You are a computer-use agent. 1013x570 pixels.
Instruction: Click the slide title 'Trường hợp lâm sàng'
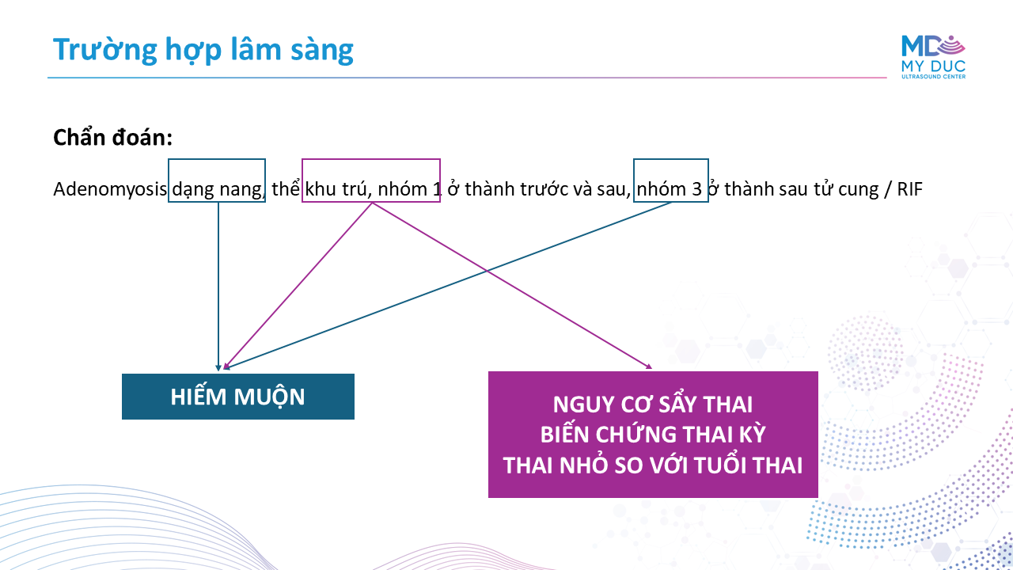(x=203, y=50)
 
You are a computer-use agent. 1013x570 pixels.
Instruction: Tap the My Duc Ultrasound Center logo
(x=933, y=56)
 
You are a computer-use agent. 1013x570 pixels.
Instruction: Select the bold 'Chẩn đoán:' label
(x=112, y=137)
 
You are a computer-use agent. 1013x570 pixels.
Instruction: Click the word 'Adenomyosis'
(x=110, y=189)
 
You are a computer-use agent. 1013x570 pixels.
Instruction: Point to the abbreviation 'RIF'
(x=909, y=189)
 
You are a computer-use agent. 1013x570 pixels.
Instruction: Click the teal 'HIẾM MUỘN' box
(x=238, y=397)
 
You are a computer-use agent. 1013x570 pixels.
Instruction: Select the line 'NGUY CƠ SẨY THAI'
(x=653, y=405)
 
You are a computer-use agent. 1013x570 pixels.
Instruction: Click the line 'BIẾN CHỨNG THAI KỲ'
(x=653, y=435)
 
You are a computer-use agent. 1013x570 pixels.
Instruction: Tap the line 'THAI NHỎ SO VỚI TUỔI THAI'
(x=653, y=465)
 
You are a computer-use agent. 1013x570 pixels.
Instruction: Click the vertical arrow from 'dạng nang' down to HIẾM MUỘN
(x=218, y=287)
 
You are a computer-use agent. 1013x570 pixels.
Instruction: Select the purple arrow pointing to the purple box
(x=512, y=286)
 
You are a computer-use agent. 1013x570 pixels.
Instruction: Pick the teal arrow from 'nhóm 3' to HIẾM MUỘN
(x=448, y=286)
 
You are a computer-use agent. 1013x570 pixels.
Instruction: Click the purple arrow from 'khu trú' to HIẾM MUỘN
(x=298, y=286)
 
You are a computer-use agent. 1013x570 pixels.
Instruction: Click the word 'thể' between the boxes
(x=286, y=188)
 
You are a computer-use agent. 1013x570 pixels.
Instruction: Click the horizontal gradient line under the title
(x=467, y=78)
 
